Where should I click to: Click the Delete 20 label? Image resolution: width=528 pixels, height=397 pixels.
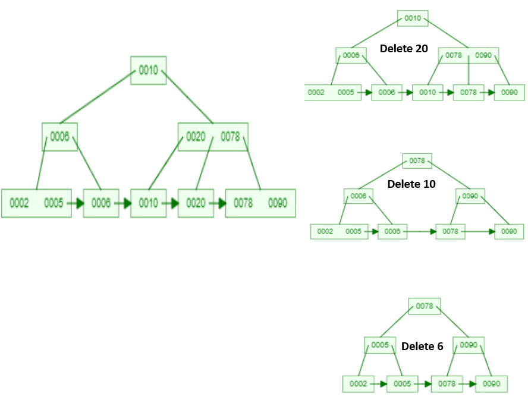click(404, 49)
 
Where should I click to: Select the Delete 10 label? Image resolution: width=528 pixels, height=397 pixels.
click(411, 184)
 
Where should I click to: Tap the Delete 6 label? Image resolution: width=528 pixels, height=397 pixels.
click(422, 346)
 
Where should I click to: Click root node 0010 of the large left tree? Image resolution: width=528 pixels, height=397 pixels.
click(148, 71)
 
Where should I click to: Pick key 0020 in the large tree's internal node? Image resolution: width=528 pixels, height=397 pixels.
click(196, 137)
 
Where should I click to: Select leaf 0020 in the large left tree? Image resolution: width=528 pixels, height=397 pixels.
click(196, 203)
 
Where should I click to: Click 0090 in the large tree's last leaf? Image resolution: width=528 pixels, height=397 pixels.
click(278, 203)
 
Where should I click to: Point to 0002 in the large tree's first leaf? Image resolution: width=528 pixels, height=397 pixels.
click(20, 203)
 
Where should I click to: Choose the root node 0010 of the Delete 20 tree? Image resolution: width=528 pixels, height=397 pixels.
click(413, 18)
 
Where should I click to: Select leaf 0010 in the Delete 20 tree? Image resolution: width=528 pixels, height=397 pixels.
click(428, 93)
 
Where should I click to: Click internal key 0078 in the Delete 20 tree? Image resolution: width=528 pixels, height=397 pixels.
click(454, 55)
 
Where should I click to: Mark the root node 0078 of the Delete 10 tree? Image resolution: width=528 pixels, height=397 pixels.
click(417, 160)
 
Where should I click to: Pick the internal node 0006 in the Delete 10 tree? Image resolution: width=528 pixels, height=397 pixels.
click(359, 196)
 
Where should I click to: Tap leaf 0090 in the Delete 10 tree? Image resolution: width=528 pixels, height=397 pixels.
click(510, 232)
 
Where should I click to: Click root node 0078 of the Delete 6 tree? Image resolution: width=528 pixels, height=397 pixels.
click(425, 307)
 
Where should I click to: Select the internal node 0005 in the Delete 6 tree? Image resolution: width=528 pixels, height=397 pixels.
click(379, 345)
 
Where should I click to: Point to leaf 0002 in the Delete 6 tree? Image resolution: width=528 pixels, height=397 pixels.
click(358, 383)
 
